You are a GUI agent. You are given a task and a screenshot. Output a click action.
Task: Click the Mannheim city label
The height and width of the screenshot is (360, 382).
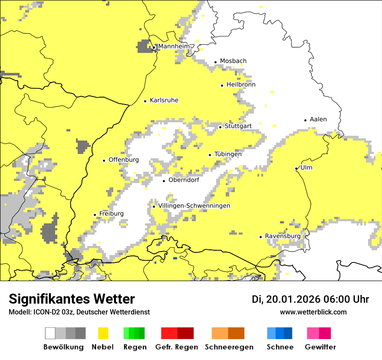pyautogui.click(x=174, y=46)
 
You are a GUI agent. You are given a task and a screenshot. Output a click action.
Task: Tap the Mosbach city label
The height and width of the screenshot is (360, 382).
pyautogui.click(x=233, y=61)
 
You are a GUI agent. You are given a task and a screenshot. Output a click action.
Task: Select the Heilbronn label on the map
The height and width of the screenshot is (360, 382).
pyautogui.click(x=241, y=85)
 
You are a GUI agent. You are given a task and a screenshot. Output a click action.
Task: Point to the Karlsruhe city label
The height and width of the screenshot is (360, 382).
pyautogui.click(x=164, y=101)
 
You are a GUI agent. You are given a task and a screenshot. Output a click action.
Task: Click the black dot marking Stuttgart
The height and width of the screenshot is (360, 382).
pyautogui.click(x=221, y=127)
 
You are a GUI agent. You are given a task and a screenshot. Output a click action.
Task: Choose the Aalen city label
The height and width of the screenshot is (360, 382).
pyautogui.click(x=318, y=120)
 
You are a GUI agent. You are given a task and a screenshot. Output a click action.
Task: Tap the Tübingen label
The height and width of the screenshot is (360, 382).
pyautogui.click(x=228, y=154)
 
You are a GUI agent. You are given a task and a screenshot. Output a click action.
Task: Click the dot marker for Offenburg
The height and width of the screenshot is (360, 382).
pyautogui.click(x=104, y=160)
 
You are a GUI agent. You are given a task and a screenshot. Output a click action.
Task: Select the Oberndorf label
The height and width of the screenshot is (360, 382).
pyautogui.click(x=184, y=180)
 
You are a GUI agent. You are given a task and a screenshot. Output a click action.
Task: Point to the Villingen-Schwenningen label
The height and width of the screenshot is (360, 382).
pyautogui.click(x=194, y=206)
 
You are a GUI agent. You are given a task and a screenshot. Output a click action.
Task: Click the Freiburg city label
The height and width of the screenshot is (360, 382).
pyautogui.click(x=111, y=214)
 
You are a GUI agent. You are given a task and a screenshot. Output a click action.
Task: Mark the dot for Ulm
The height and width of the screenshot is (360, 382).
pyautogui.click(x=296, y=169)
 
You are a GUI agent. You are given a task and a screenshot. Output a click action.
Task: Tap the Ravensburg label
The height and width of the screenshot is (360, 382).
pyautogui.click(x=283, y=236)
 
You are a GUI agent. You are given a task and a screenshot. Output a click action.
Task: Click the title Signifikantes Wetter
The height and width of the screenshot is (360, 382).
pyautogui.click(x=72, y=299)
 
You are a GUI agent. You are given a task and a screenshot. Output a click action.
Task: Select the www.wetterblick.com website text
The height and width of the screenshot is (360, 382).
pyautogui.click(x=313, y=312)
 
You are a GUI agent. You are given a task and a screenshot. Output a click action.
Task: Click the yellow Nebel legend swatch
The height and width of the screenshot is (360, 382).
pyautogui.click(x=103, y=333)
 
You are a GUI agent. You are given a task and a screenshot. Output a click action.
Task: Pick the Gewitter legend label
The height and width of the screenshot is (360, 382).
pyautogui.click(x=320, y=347)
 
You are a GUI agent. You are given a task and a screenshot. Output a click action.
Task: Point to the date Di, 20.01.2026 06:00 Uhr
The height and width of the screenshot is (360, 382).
pyautogui.click(x=310, y=299)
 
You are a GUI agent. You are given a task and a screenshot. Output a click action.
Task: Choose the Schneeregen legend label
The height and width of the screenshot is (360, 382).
pyautogui.click(x=229, y=347)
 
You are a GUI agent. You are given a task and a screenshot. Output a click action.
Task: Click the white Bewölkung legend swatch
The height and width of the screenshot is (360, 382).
pyautogui.click(x=50, y=333)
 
